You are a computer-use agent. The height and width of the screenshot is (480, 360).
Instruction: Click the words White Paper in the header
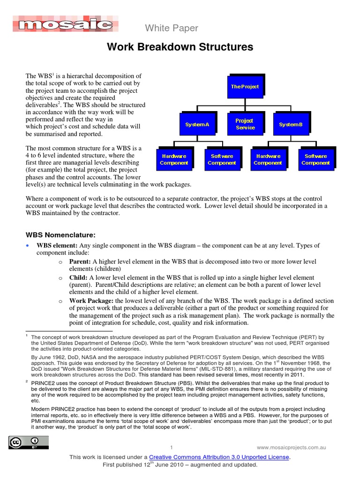[x=172, y=29]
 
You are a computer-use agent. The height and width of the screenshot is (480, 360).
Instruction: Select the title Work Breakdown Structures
[x=180, y=47]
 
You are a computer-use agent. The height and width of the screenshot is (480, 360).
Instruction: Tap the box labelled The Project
[x=245, y=87]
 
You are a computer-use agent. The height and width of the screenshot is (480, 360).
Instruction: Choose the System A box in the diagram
[x=197, y=124]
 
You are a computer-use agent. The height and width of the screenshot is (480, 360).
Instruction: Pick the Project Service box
[x=244, y=124]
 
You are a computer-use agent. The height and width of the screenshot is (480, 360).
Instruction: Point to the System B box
[x=291, y=124]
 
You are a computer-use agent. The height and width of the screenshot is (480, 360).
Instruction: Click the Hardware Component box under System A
[x=174, y=159]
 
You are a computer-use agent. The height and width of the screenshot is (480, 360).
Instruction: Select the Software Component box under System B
[x=315, y=159]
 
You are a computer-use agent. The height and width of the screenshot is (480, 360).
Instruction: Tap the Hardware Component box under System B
[x=268, y=159]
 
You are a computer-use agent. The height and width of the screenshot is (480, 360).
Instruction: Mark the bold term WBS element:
[x=58, y=246]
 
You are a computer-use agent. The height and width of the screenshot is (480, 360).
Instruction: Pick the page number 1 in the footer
[x=172, y=447]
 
